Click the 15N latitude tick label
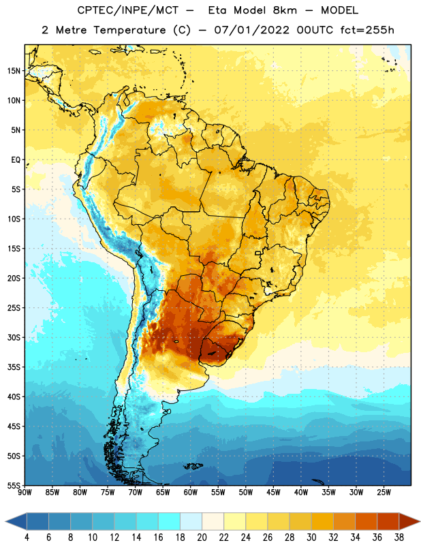tap(14, 71)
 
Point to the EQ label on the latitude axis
tap(16, 160)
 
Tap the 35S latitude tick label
tap(14, 367)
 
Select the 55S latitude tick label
tap(14, 485)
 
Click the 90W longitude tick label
tap(25, 493)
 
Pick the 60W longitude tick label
tap(191, 493)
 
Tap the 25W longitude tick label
tap(384, 493)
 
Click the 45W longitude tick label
tap(273, 493)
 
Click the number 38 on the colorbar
tap(399, 538)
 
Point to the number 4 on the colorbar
tap(27, 538)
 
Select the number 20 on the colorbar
tap(202, 538)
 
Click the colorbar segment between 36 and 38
tap(388, 522)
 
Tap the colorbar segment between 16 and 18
tap(170, 522)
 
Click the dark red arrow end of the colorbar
tap(409, 522)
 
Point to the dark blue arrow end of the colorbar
tap(16, 522)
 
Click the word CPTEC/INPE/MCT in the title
tap(128, 10)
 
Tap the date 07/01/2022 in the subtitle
tap(251, 30)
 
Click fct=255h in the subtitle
tap(367, 30)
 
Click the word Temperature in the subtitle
tap(129, 31)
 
